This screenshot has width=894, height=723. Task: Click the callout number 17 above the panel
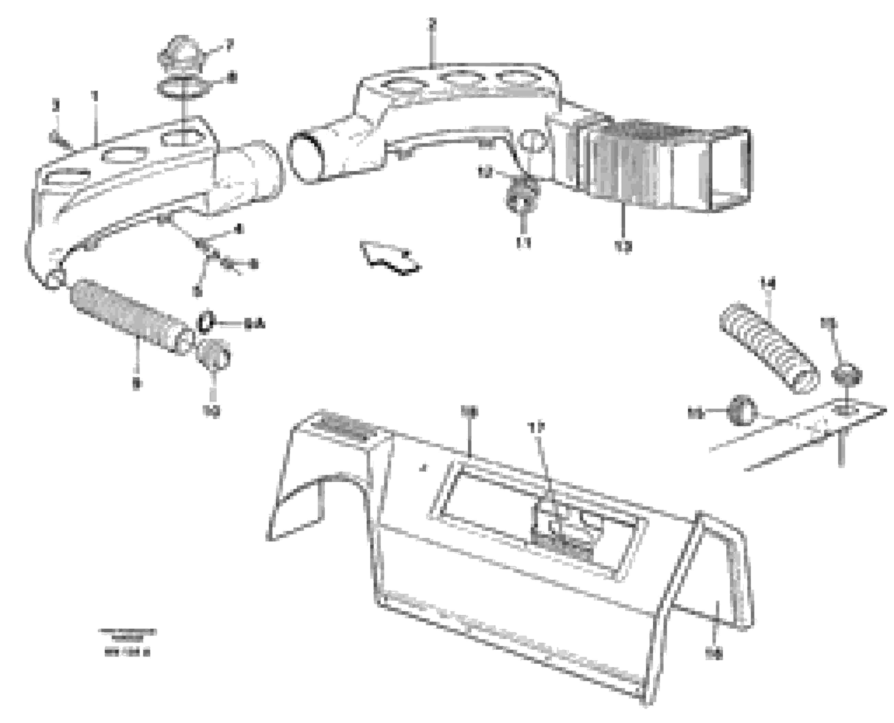click(x=537, y=427)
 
